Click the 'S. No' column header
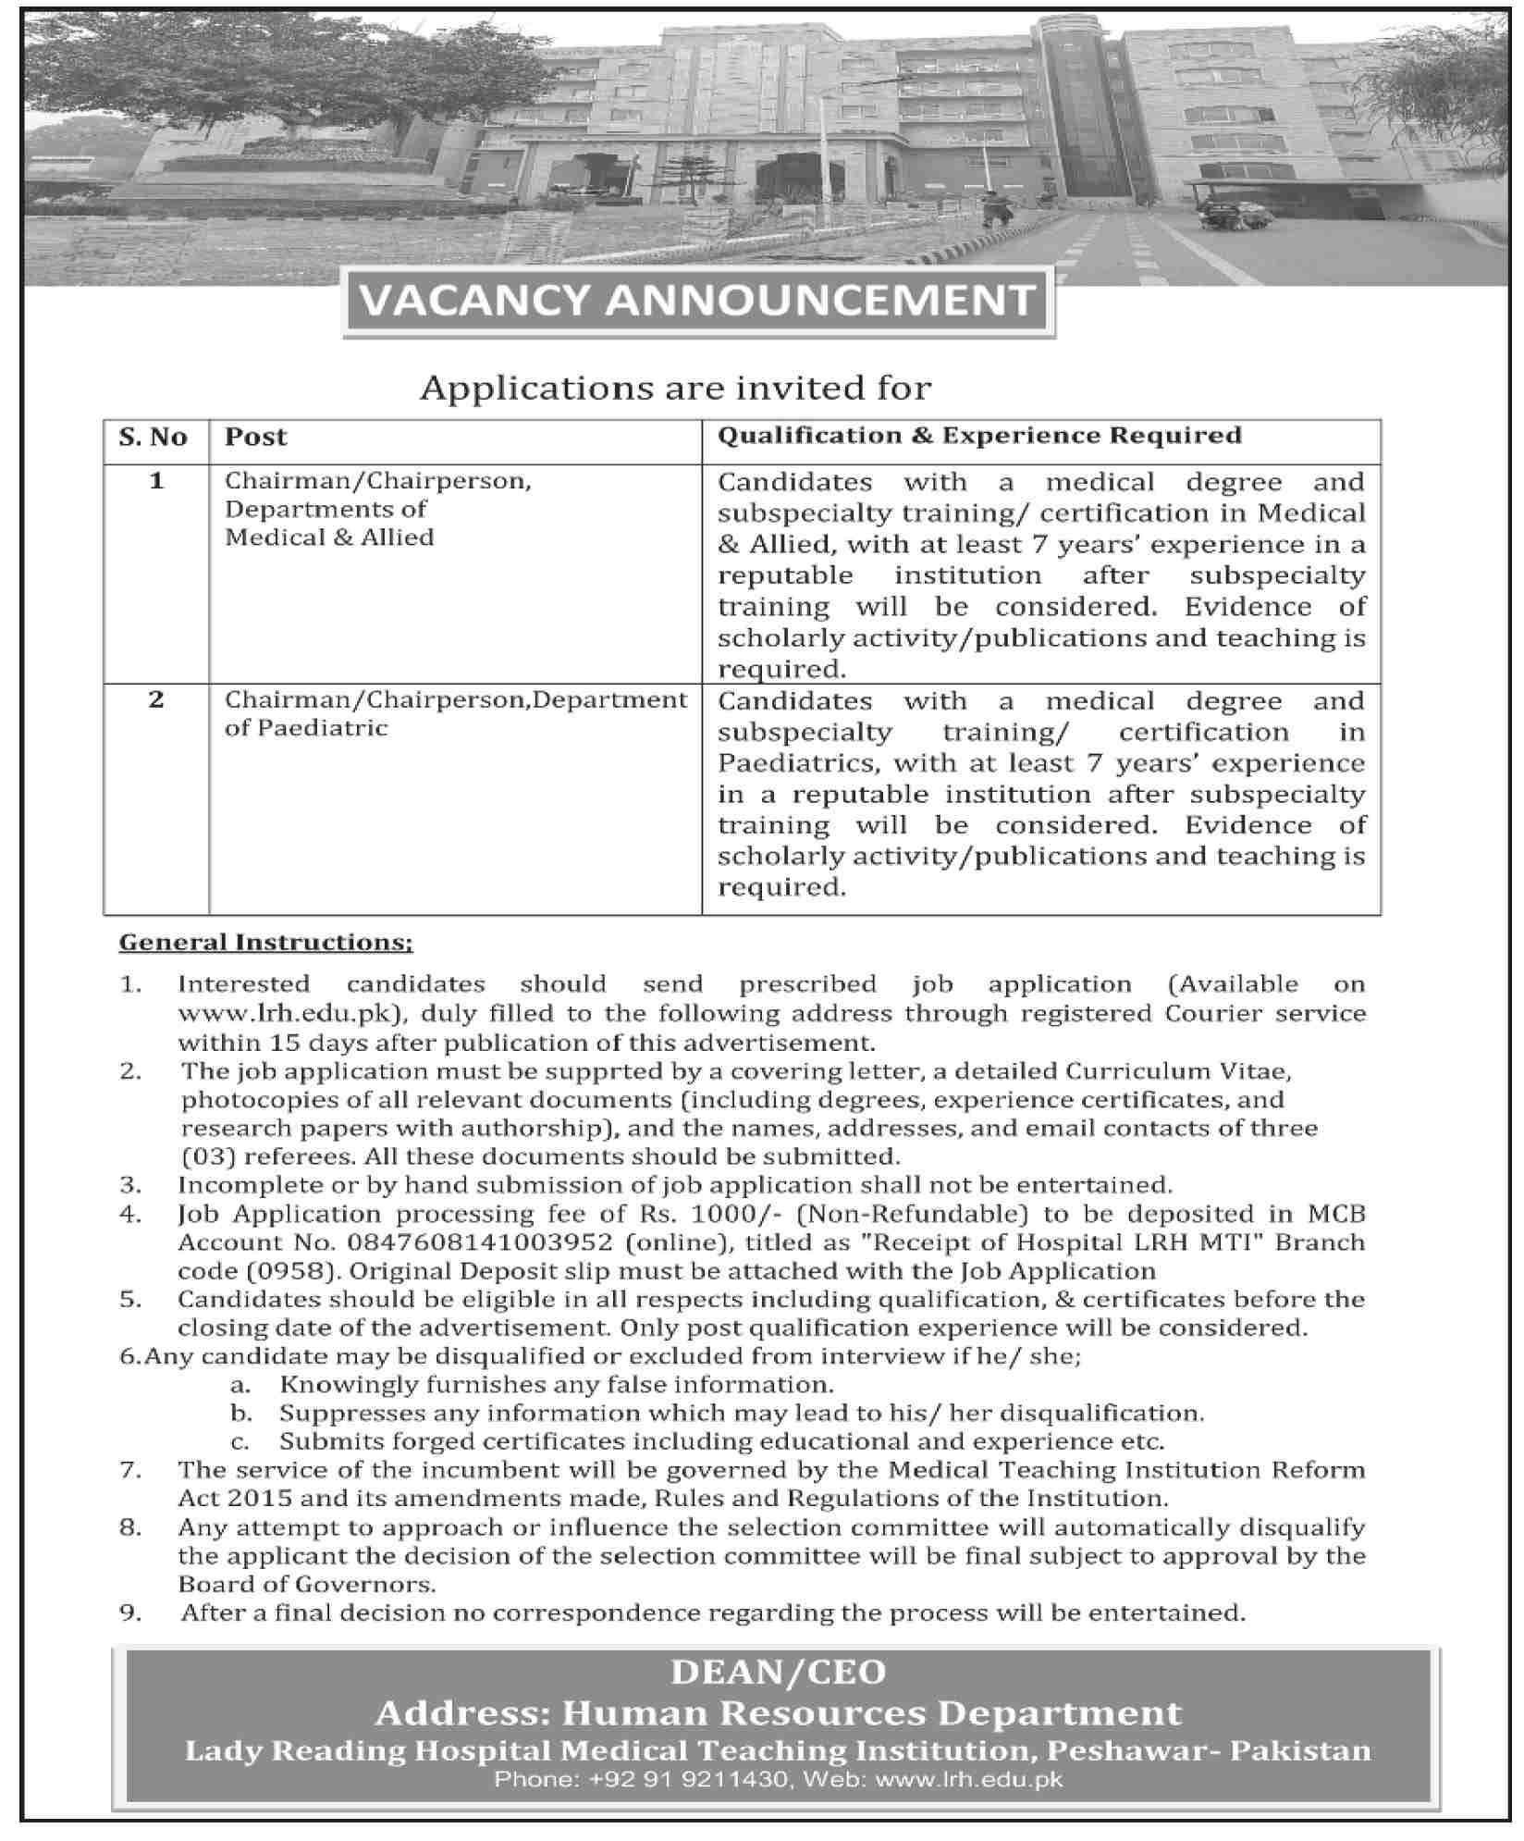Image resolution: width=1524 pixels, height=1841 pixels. (x=154, y=437)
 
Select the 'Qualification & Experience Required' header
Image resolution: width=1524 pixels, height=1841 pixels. (x=979, y=435)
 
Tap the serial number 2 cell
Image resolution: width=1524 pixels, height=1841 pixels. (x=155, y=699)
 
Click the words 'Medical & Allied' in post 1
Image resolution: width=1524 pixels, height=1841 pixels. (x=329, y=537)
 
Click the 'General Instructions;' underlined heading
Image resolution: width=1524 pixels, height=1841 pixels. (x=266, y=943)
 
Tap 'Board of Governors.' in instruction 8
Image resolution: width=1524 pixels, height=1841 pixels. (x=306, y=1584)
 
